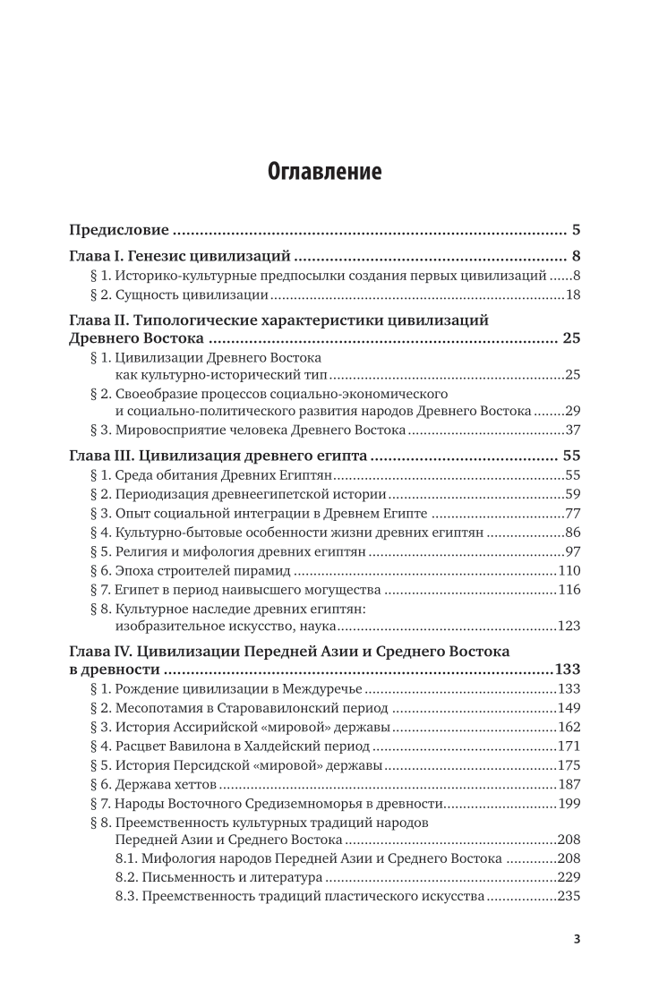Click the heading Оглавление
(x=325, y=171)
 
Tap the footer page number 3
(x=577, y=964)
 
